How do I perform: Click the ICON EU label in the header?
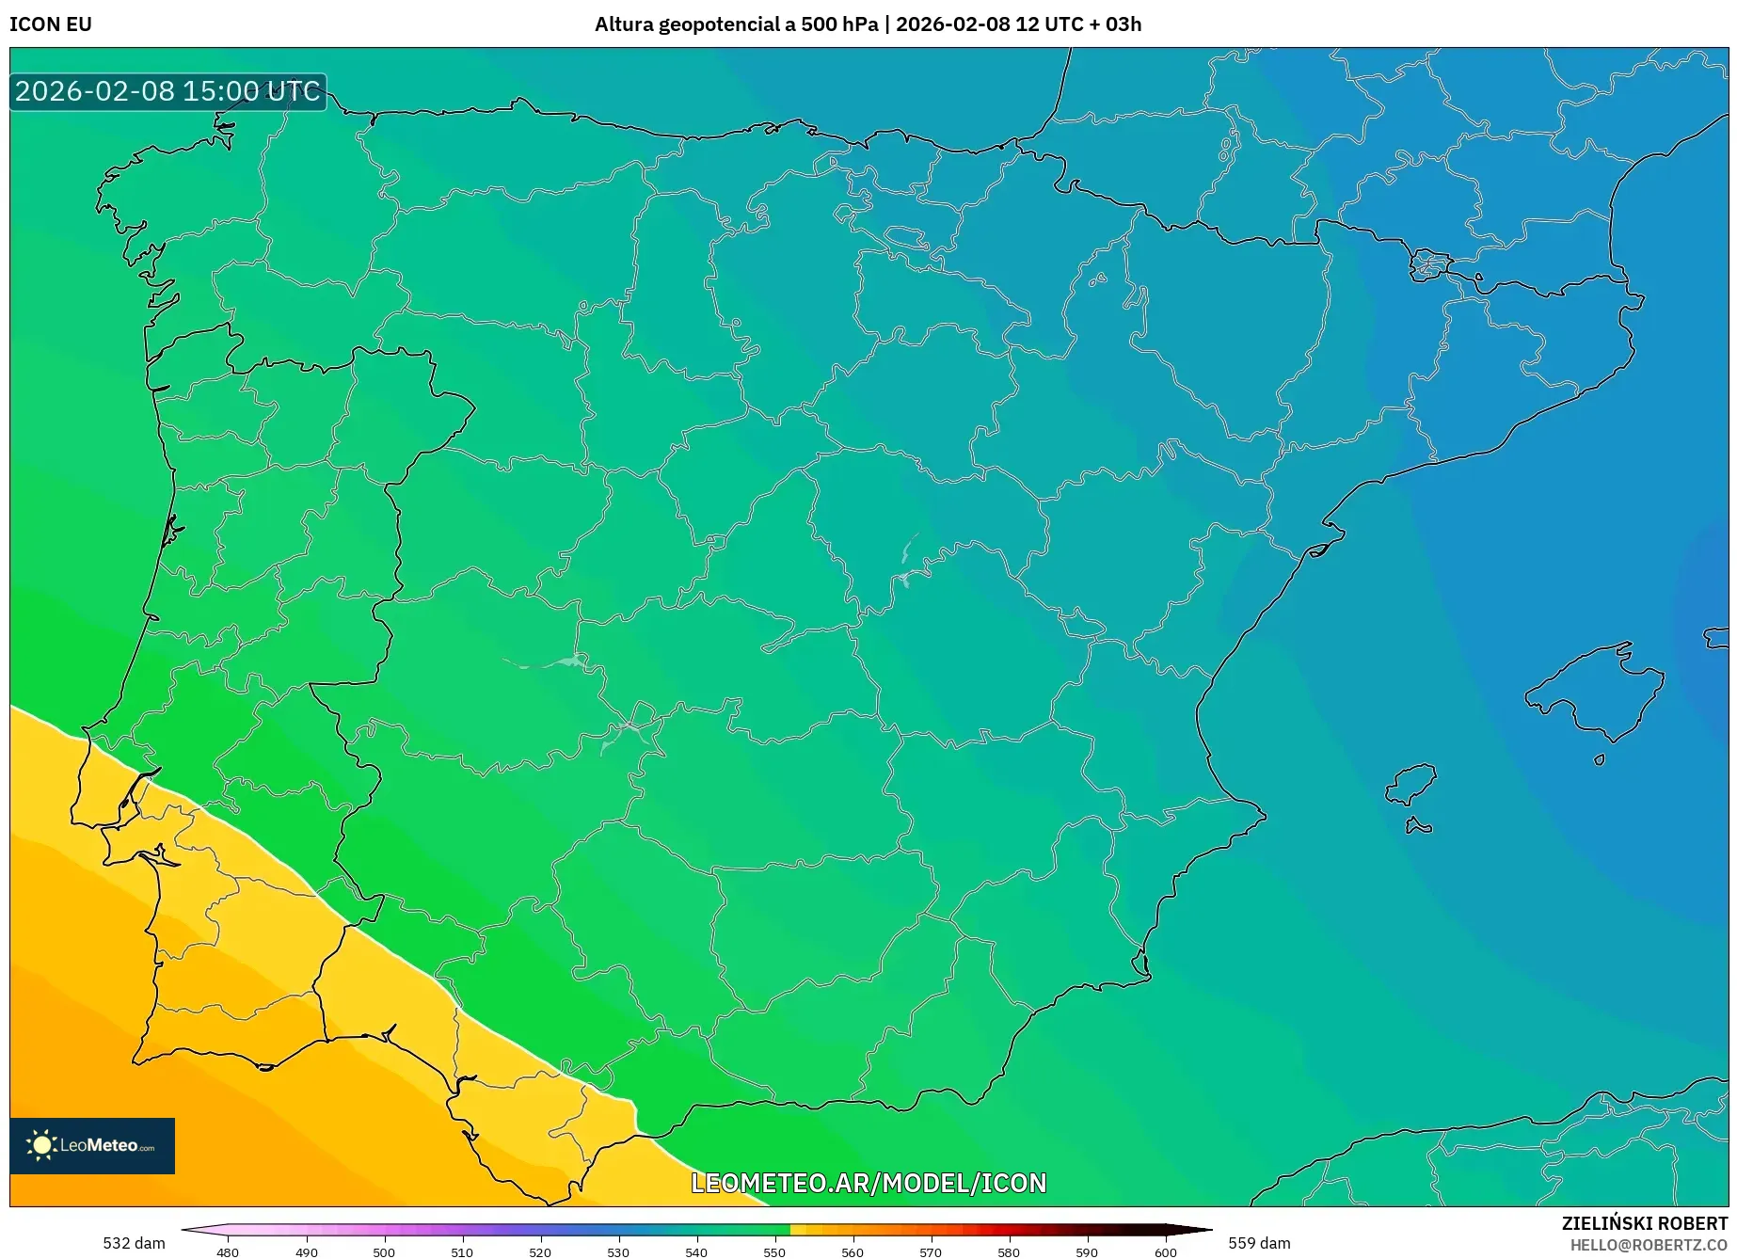click(x=51, y=24)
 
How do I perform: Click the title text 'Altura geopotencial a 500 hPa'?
click(x=736, y=24)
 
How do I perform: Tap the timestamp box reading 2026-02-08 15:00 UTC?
click(x=167, y=91)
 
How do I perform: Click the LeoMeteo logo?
click(x=92, y=1145)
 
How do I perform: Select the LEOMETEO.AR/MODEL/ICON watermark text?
click(x=868, y=1183)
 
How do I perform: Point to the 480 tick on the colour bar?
click(x=228, y=1251)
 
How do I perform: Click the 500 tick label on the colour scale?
click(x=384, y=1251)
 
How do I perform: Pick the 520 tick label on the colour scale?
click(x=540, y=1251)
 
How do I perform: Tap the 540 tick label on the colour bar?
click(x=696, y=1251)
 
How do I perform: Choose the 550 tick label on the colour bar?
click(x=774, y=1251)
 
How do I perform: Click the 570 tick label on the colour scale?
click(x=931, y=1251)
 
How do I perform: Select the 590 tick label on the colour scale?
click(x=1087, y=1251)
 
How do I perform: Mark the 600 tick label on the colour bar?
click(x=1166, y=1251)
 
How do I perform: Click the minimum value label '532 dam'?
click(x=134, y=1243)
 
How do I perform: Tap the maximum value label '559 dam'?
click(x=1259, y=1243)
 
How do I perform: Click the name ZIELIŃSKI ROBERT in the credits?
click(x=1644, y=1223)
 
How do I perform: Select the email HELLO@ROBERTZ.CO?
click(x=1648, y=1245)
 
